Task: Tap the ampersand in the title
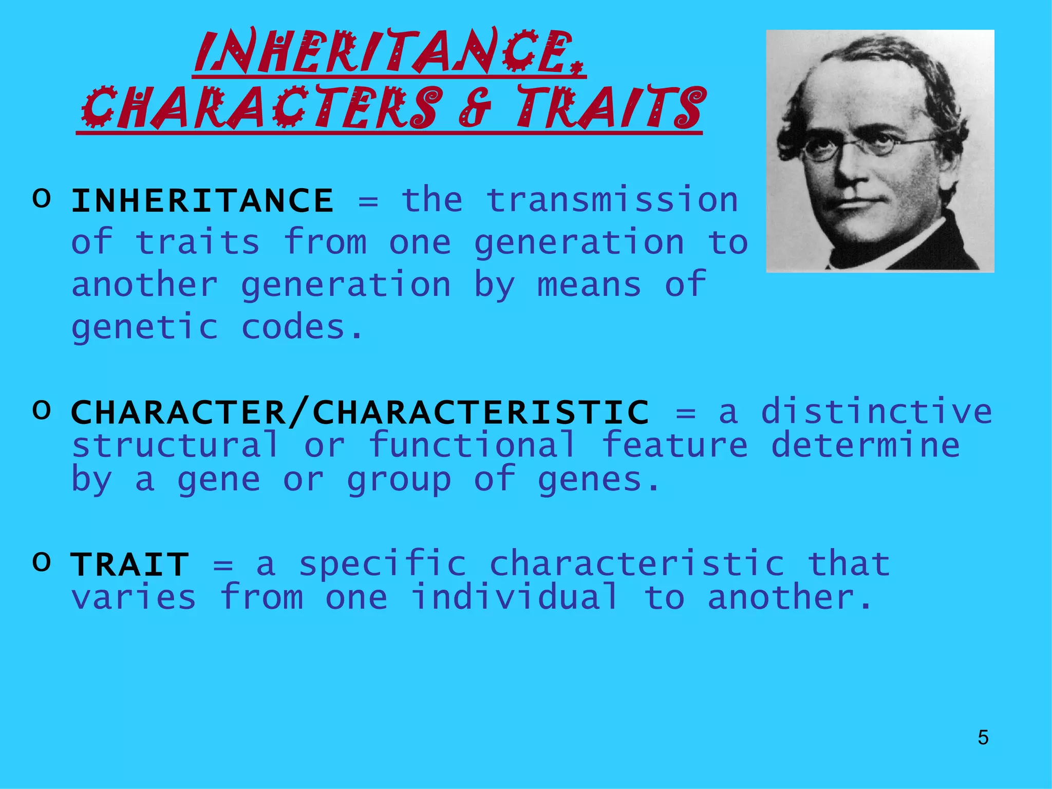pyautogui.click(x=475, y=108)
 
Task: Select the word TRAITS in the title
pyautogui.click(x=611, y=108)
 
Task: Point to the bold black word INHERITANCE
pyautogui.click(x=202, y=200)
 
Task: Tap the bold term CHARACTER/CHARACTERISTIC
pyautogui.click(x=360, y=412)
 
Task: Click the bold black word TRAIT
pyautogui.click(x=130, y=565)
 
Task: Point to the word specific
pyautogui.click(x=383, y=565)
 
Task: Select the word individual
pyautogui.click(x=515, y=597)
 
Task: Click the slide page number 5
pyautogui.click(x=983, y=738)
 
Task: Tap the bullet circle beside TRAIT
pyautogui.click(x=42, y=561)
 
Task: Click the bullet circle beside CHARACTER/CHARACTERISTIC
pyautogui.click(x=42, y=409)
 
